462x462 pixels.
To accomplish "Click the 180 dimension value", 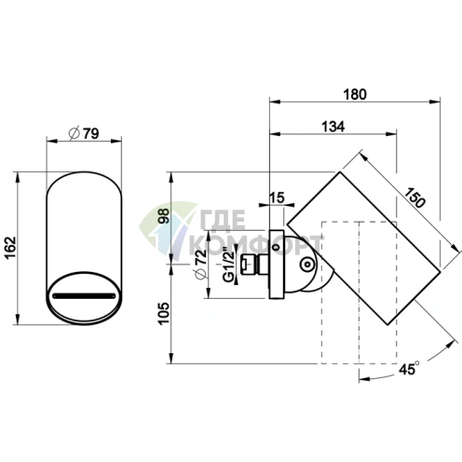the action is pyautogui.click(x=355, y=94).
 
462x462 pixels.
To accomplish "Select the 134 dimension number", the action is pyautogui.click(x=333, y=127).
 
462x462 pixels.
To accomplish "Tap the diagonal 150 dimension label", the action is pyautogui.click(x=414, y=197).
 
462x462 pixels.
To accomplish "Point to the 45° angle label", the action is pyautogui.click(x=409, y=369).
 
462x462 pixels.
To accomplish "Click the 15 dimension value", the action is pyautogui.click(x=277, y=197).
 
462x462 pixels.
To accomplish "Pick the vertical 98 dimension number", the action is pyautogui.click(x=164, y=216).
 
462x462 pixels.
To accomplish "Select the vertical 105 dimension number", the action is pyautogui.click(x=164, y=313).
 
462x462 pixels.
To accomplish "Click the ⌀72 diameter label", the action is pyautogui.click(x=201, y=265).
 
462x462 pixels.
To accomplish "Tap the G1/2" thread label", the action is pyautogui.click(x=229, y=265).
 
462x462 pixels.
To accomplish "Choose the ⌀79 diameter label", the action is pyautogui.click(x=84, y=133).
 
